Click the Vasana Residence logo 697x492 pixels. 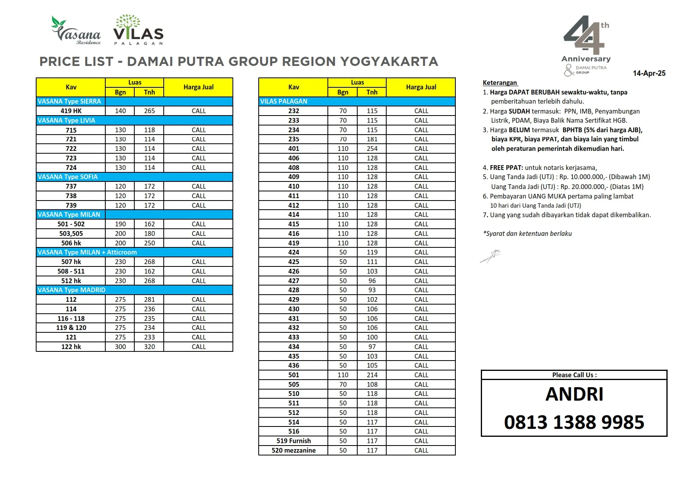[76, 31]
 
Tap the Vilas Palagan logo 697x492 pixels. [138, 30]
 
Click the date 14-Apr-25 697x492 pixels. [649, 73]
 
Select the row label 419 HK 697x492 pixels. [71, 111]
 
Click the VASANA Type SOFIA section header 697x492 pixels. [68, 177]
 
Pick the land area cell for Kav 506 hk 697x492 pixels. [149, 243]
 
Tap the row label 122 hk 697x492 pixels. [71, 347]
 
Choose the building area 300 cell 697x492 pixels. [120, 347]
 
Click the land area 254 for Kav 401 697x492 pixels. [372, 149]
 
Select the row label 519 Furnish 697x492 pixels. [294, 441]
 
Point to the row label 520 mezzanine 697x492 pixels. [294, 450]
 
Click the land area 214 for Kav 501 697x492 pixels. [372, 375]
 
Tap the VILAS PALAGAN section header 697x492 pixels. [284, 101]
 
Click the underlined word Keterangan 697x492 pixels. [500, 83]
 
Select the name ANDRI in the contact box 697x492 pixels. [574, 394]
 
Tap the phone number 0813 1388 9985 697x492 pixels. [574, 422]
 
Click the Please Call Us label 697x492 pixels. [574, 375]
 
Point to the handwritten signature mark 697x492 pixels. [490, 256]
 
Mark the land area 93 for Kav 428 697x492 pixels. [372, 290]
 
